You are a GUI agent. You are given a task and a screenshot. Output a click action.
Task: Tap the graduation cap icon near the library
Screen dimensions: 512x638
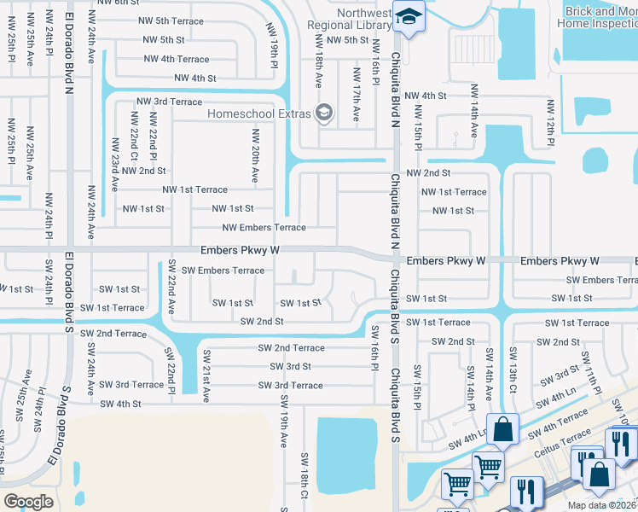[x=409, y=17]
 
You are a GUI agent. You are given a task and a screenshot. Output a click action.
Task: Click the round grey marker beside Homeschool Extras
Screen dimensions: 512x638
[x=323, y=112]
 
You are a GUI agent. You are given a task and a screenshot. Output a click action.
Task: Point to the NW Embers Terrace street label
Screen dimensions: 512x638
[x=264, y=228]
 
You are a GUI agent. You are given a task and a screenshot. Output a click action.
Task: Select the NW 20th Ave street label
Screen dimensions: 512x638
[x=254, y=155]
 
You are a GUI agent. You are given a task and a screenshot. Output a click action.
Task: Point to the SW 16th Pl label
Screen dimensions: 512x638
[x=374, y=346]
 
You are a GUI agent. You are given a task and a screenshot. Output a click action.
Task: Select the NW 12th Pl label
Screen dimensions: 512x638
[x=551, y=120]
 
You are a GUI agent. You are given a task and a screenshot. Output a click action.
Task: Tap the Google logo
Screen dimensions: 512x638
[x=28, y=502]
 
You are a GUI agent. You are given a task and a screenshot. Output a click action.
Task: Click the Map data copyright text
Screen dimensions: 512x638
[x=602, y=505]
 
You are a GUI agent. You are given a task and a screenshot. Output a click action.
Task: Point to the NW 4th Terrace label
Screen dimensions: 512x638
[x=177, y=60]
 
